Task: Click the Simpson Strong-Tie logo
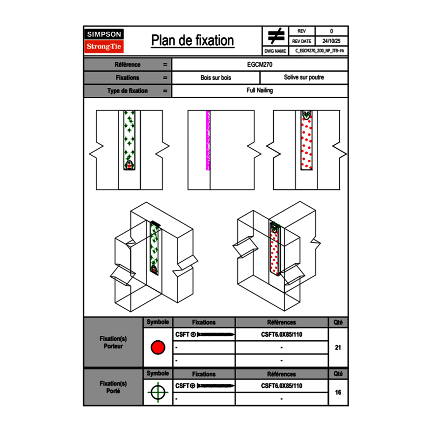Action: point(105,41)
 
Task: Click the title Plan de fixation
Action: point(192,40)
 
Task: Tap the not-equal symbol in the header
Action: point(276,36)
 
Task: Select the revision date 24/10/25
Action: point(331,41)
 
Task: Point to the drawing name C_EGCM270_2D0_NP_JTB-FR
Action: point(320,51)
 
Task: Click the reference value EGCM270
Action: point(260,64)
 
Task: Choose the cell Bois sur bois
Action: point(216,78)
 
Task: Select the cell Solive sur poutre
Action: point(304,78)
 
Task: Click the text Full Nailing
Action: point(260,91)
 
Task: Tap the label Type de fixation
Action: point(127,91)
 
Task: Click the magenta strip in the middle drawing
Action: point(208,140)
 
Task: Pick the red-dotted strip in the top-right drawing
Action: point(307,142)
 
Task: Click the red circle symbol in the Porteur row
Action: point(158,348)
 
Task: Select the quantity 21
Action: point(338,348)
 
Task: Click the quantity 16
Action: point(338,392)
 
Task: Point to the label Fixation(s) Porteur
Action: point(113,342)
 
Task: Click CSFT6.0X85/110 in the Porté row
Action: point(281,386)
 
